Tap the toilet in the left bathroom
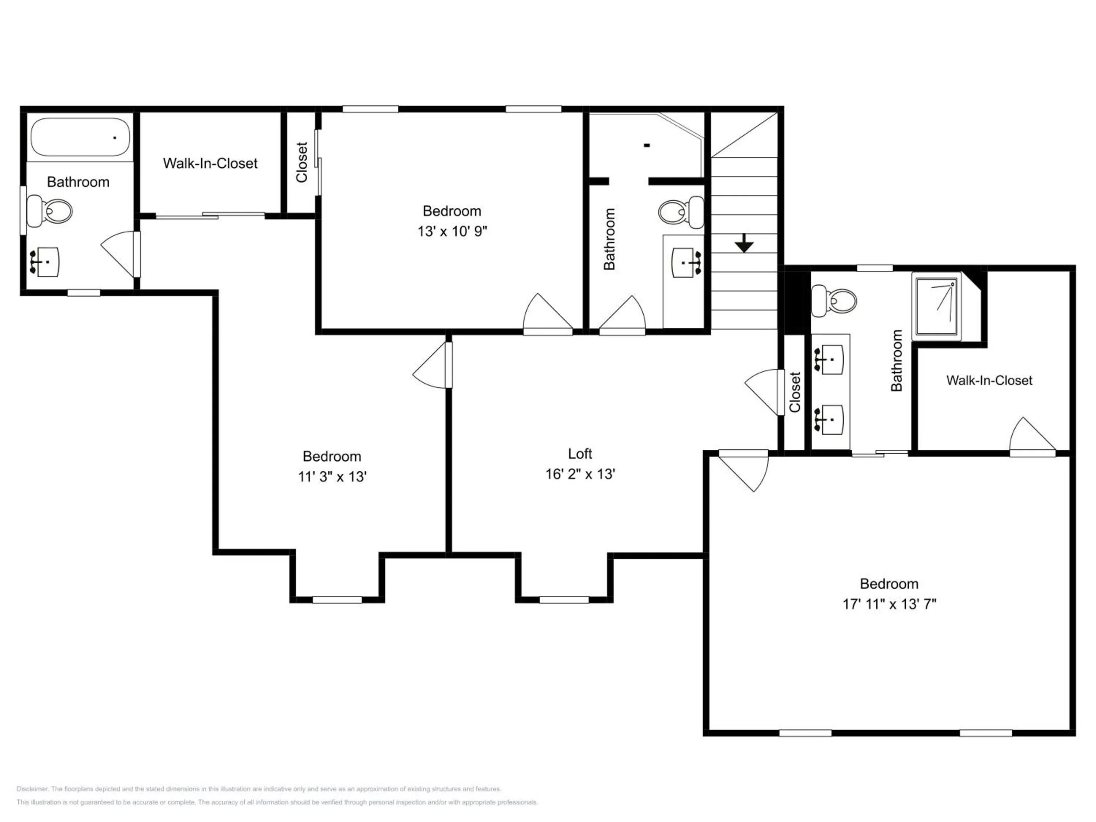(x=50, y=212)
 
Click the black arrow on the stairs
(x=744, y=243)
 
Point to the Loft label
(x=580, y=453)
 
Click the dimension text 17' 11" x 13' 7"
(x=889, y=604)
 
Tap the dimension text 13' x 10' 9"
(x=452, y=231)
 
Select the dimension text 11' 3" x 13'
(x=332, y=477)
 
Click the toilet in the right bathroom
(x=834, y=301)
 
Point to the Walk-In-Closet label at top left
(x=210, y=164)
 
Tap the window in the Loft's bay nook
(x=564, y=600)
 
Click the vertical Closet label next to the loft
(x=795, y=392)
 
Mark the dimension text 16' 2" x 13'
(x=580, y=474)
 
